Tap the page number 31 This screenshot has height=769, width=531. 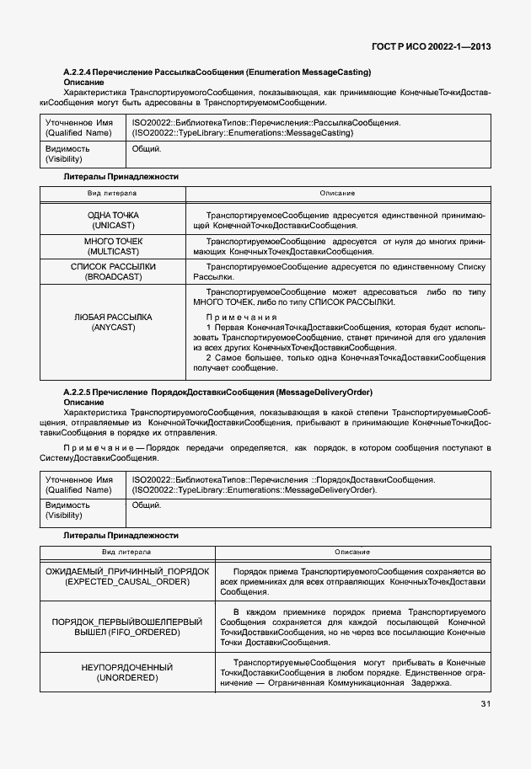[x=486, y=703]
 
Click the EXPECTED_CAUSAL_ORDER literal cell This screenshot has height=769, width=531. [x=126, y=576]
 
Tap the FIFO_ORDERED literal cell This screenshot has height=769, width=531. [x=126, y=625]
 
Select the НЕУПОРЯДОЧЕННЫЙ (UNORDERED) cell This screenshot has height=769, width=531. [x=126, y=672]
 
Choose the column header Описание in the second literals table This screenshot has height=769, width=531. [x=351, y=551]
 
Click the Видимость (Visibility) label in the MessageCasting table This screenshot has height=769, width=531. [x=67, y=153]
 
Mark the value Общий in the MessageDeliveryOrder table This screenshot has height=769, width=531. [x=147, y=505]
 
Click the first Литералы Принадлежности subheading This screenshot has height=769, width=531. [x=121, y=176]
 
